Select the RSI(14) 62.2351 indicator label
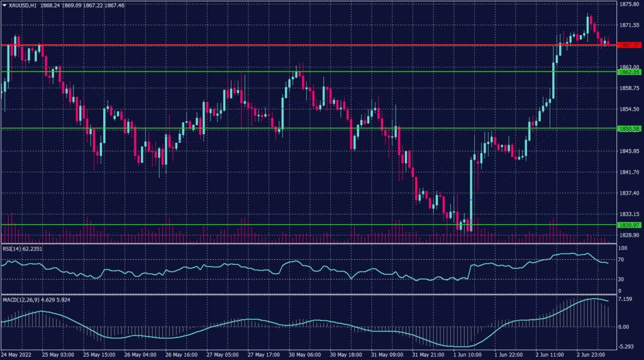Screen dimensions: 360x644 [25, 249]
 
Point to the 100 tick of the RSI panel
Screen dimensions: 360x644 [621, 249]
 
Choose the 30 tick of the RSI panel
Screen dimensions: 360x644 [620, 278]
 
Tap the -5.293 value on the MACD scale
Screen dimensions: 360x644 [624, 347]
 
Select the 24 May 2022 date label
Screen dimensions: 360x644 [18, 354]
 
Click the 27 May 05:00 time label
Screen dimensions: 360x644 [221, 354]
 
